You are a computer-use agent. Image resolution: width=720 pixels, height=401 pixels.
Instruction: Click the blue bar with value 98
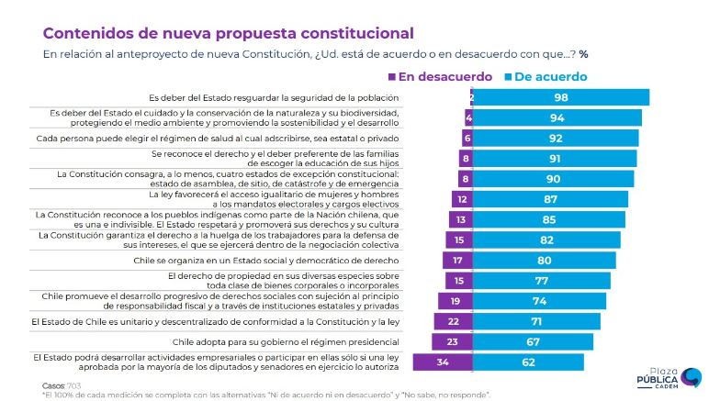pyautogui.click(x=561, y=97)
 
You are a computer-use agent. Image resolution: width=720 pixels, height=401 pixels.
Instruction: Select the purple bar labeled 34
pyautogui.click(x=444, y=362)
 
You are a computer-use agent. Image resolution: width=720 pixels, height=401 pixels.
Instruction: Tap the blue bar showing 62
pyautogui.click(x=529, y=362)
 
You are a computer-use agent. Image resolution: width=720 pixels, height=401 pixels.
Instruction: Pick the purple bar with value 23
pyautogui.click(x=453, y=341)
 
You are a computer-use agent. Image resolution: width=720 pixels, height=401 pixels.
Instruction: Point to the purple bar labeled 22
pyautogui.click(x=454, y=321)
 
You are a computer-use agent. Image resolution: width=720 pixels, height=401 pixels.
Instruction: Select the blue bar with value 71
pyautogui.click(x=537, y=321)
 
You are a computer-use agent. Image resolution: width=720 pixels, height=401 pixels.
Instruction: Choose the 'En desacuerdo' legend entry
pyautogui.click(x=441, y=77)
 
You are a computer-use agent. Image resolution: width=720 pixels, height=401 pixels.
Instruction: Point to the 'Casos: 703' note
pyautogui.click(x=62, y=385)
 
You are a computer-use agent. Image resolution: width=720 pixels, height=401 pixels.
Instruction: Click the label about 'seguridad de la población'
pyautogui.click(x=274, y=97)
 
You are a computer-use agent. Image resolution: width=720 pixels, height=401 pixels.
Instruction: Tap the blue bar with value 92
pyautogui.click(x=556, y=138)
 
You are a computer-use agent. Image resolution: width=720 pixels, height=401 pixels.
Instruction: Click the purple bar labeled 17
pyautogui.click(x=458, y=260)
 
